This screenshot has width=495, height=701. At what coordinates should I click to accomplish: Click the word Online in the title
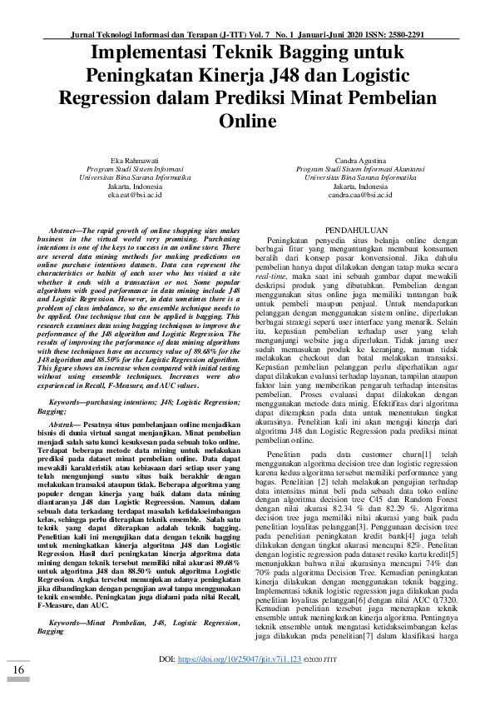tap(246, 122)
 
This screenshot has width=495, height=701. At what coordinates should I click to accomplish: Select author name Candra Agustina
tap(360, 158)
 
